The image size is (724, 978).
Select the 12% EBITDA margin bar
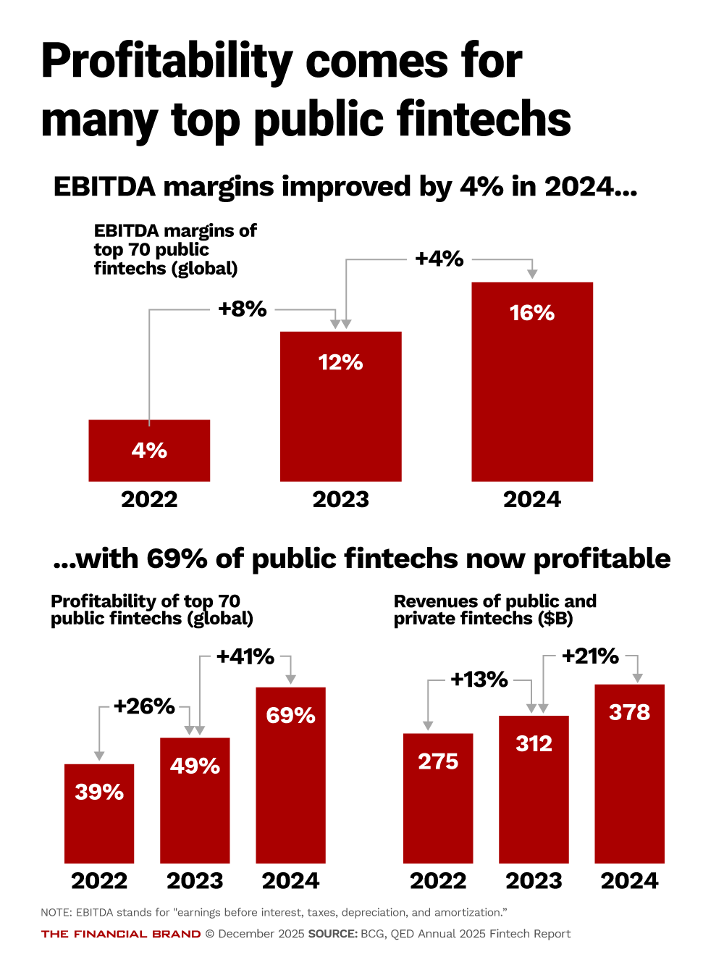coord(340,406)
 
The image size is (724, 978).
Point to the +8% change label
coord(243,309)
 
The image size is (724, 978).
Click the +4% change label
coord(439,259)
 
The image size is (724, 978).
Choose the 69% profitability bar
coord(290,775)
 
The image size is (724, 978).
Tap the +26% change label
coord(144,706)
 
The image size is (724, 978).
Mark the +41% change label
coord(245,657)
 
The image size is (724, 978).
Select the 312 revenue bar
coord(534,790)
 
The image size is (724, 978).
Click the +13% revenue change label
coord(479,680)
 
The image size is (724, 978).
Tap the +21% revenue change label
coord(590,656)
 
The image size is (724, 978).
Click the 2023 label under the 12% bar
coord(340,500)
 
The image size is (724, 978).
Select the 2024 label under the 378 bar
coord(629,881)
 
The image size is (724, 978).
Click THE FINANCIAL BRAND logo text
coord(121,934)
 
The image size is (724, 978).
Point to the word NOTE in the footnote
coord(56,913)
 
